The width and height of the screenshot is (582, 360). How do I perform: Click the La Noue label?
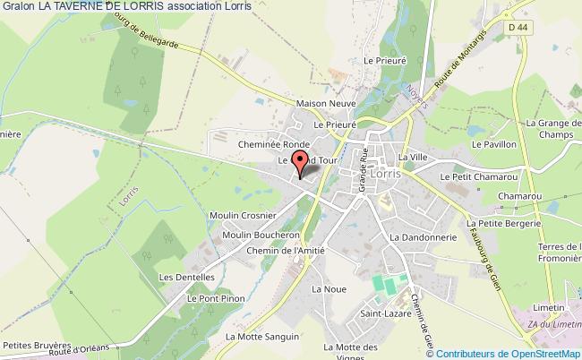point(323,290)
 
